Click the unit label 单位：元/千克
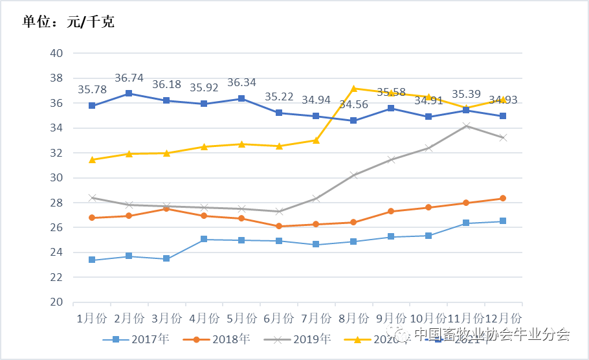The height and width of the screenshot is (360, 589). [69, 22]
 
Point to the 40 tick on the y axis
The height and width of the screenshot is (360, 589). [56, 53]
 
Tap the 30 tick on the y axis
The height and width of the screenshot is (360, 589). [56, 177]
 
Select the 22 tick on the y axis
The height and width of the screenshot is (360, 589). [56, 277]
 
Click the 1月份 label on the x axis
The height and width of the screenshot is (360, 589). [92, 318]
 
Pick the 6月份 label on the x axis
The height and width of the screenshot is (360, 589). [279, 318]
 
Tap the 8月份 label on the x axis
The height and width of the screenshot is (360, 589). [353, 318]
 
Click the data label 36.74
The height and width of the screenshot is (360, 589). [129, 78]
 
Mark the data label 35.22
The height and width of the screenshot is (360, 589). [278, 97]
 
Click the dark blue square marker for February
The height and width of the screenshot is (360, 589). [129, 93]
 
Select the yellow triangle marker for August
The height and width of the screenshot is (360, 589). [353, 88]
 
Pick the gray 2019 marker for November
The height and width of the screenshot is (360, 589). [465, 126]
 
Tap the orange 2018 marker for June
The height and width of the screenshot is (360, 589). [279, 226]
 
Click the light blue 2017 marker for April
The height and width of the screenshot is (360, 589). [204, 239]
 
